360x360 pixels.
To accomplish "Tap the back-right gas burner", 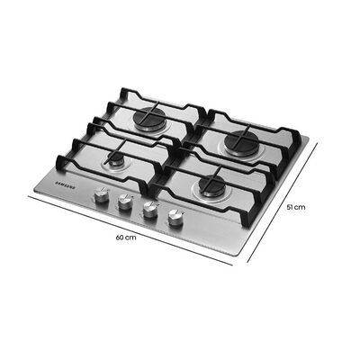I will click(241, 140).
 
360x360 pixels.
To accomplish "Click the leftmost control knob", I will click(103, 195).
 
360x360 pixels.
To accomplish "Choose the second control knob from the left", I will click(125, 203).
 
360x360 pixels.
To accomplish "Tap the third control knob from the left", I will click(148, 211).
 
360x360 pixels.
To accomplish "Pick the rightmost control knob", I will click(172, 219).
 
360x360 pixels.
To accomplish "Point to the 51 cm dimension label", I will click(297, 206).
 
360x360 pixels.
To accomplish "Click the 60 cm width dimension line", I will click(135, 229).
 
